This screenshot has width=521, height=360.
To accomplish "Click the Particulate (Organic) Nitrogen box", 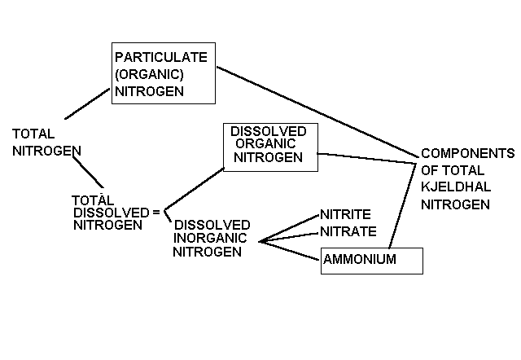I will [163, 73].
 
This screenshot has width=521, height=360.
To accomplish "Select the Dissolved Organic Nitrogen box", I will [268, 147].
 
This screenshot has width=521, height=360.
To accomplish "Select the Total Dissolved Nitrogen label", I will [111, 212].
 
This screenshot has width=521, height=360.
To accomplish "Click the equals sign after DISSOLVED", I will [155, 212].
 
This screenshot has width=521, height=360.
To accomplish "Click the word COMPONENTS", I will [467, 153].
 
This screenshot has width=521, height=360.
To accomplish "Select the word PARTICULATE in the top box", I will [161, 58].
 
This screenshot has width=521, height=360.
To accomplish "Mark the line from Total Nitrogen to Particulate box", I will [87, 103].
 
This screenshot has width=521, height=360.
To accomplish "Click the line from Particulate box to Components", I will [317, 112].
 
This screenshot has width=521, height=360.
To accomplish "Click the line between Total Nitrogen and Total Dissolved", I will [85, 173].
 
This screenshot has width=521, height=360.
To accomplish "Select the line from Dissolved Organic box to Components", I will [366, 156].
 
